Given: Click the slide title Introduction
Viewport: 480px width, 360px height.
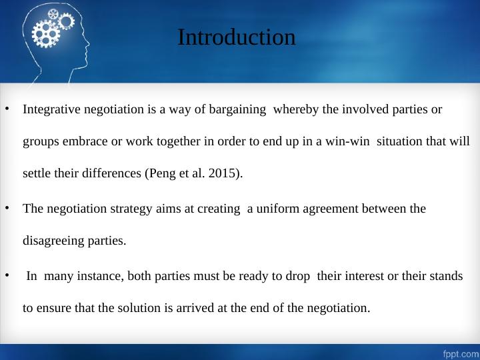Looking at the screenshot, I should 236,37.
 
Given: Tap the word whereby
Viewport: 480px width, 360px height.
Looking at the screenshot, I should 297,109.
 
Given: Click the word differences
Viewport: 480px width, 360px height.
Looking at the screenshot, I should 113,174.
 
